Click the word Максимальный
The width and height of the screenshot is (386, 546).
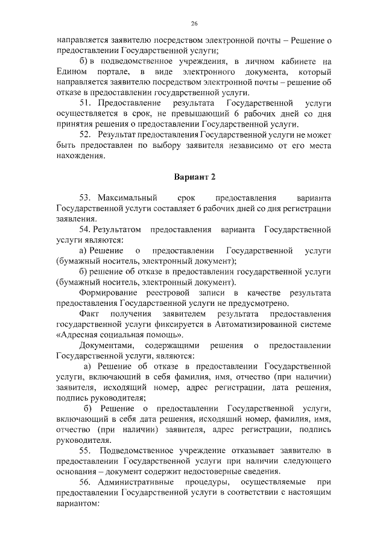(x=127, y=198)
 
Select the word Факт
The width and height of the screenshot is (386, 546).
(x=90, y=314)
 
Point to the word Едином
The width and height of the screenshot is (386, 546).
(x=70, y=72)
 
